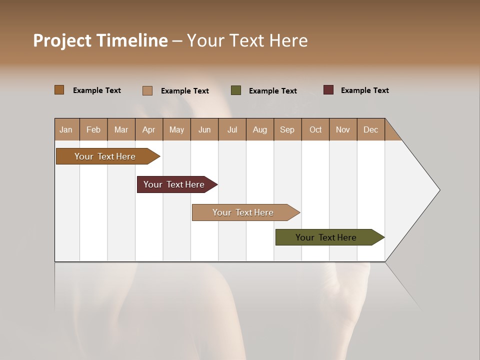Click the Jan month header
[x=66, y=129]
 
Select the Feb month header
[x=93, y=129]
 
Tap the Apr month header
[x=149, y=129]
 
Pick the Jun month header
[x=204, y=129]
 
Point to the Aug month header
[x=260, y=129]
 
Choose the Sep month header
[x=287, y=129]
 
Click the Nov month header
[x=343, y=129]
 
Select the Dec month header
[x=371, y=129]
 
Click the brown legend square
[x=59, y=90]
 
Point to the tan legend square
[x=147, y=90]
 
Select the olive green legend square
[x=236, y=90]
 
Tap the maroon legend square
[x=328, y=90]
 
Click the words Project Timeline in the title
[x=100, y=40]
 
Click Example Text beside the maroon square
[x=364, y=90]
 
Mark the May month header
[x=176, y=129]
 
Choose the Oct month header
[x=315, y=129]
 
